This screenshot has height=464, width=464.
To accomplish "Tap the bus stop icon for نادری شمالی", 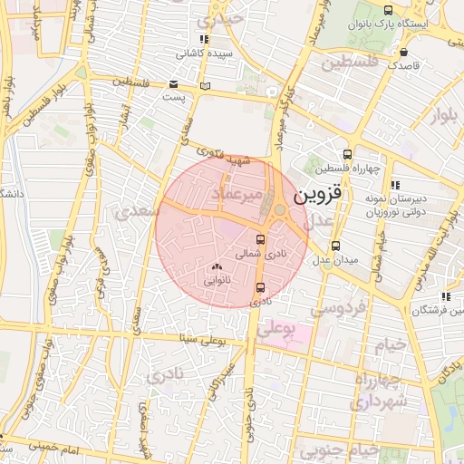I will coord(262,240).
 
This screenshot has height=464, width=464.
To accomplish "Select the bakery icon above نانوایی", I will coord(216,266).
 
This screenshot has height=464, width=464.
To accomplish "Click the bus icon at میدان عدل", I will coord(335,245).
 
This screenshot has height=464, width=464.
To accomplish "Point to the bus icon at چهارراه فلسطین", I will coord(346,154).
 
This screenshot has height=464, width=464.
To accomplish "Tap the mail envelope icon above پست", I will coord(173,83).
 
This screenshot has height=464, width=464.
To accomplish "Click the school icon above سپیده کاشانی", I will coord(204,40).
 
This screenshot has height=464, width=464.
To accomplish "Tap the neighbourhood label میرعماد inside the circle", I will coord(237,195).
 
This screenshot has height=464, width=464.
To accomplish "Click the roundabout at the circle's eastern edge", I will coord(279,211).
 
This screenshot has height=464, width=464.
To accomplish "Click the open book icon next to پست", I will coord(205,86).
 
